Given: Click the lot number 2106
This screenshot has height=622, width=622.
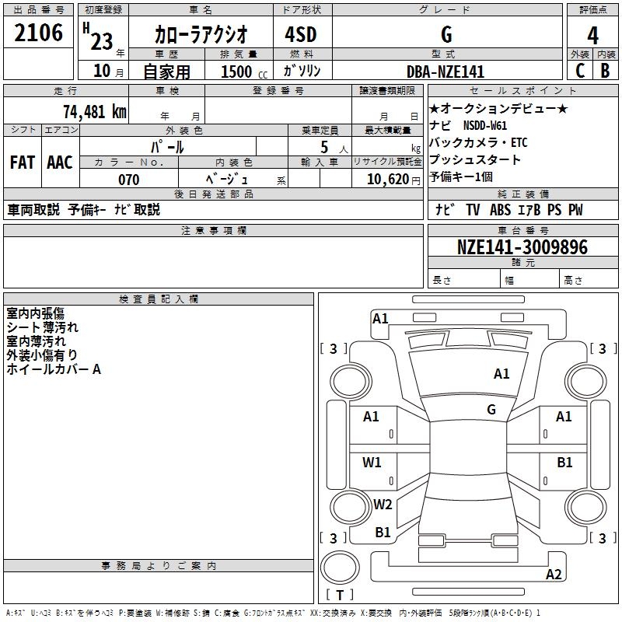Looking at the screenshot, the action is point(39,33).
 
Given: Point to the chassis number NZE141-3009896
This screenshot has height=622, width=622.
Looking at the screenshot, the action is point(522,248).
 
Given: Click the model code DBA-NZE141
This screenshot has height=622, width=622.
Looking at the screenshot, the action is point(446,72).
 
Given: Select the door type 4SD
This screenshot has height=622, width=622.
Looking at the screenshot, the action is point(294,34).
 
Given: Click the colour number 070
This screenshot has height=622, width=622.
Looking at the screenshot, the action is point(128,180).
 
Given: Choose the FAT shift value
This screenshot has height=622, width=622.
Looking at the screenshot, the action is point(23,162).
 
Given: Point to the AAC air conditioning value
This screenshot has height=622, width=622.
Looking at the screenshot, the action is point(60,162).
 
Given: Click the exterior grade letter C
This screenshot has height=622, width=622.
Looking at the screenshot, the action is point(579,70).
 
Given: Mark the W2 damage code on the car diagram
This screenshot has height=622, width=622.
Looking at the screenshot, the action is point(383,504).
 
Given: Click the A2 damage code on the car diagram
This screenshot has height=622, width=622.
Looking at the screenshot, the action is point(554,575).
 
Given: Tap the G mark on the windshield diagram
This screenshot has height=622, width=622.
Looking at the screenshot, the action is point(491,409).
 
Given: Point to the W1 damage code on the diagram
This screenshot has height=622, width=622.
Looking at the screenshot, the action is point(372,463).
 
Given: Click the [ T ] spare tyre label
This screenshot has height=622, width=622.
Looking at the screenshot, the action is point(340,595).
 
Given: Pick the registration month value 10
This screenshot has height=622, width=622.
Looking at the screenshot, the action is point(101,72).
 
